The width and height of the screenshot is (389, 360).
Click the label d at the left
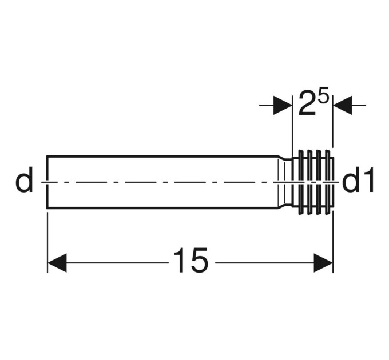[x=24, y=180]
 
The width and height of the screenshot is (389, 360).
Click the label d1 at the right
[x=358, y=180]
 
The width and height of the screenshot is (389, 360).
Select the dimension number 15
[x=190, y=260]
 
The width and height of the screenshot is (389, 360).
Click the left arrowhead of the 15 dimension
[x=57, y=263]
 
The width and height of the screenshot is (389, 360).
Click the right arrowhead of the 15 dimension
[x=323, y=263]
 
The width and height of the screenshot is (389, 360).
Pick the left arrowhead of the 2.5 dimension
[x=283, y=105]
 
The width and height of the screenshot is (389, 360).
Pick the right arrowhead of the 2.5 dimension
[x=342, y=105]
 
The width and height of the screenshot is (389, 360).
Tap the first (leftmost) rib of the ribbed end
[x=301, y=182]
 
